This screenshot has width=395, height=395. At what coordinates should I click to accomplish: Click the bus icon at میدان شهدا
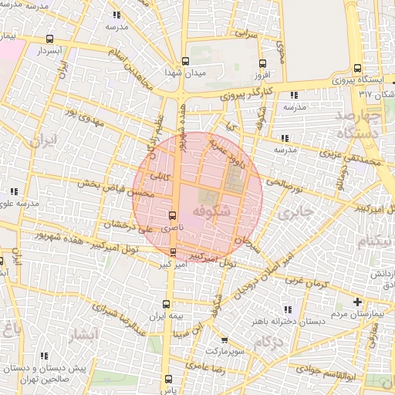184,62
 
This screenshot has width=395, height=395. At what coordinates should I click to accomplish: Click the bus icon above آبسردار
50,39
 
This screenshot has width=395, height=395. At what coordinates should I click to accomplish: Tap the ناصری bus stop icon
172,215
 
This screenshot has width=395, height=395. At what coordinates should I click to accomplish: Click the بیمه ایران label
167,316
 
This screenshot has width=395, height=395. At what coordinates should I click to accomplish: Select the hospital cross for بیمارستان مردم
356,302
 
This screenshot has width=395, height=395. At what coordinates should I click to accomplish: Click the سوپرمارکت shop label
223,351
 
